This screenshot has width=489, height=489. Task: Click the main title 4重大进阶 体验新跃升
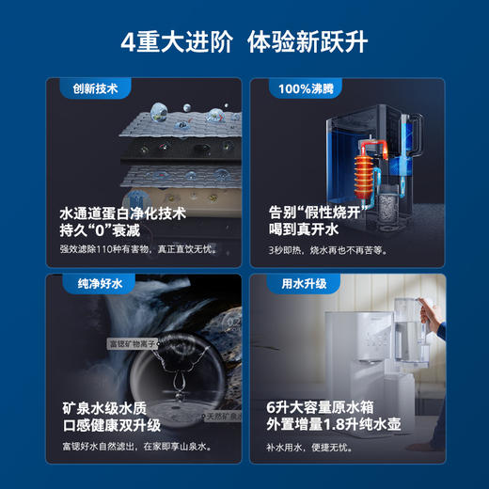coord(244,42)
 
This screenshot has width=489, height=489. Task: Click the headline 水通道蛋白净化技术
coord(123,213)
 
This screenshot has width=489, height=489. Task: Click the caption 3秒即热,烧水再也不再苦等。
coord(328,250)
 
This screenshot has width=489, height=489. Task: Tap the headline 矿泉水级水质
coord(107,408)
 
